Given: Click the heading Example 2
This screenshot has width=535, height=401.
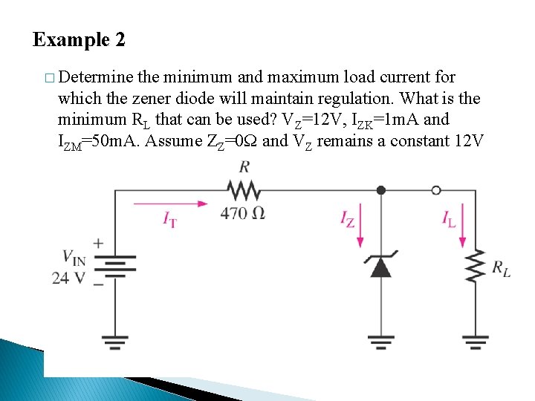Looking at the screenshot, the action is pos(79,40).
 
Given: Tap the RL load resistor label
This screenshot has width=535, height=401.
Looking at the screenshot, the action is pos(502,269).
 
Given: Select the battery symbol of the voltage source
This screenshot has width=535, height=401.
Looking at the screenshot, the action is pos(114,266).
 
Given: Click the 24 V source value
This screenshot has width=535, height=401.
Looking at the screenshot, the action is pos(68,278).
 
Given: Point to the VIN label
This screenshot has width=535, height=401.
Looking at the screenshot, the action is pos(74,258).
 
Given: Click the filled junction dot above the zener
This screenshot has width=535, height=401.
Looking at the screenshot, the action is pos(380,191).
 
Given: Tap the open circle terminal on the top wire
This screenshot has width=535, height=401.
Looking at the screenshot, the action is pos(436,191).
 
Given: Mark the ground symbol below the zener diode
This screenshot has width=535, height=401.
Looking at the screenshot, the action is pos(380,341).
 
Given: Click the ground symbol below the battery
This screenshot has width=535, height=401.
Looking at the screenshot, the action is pos(114,341).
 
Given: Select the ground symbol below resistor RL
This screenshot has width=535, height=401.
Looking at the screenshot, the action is pos(476,341).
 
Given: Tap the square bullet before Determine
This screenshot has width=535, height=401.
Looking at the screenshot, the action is pos(48,78).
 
